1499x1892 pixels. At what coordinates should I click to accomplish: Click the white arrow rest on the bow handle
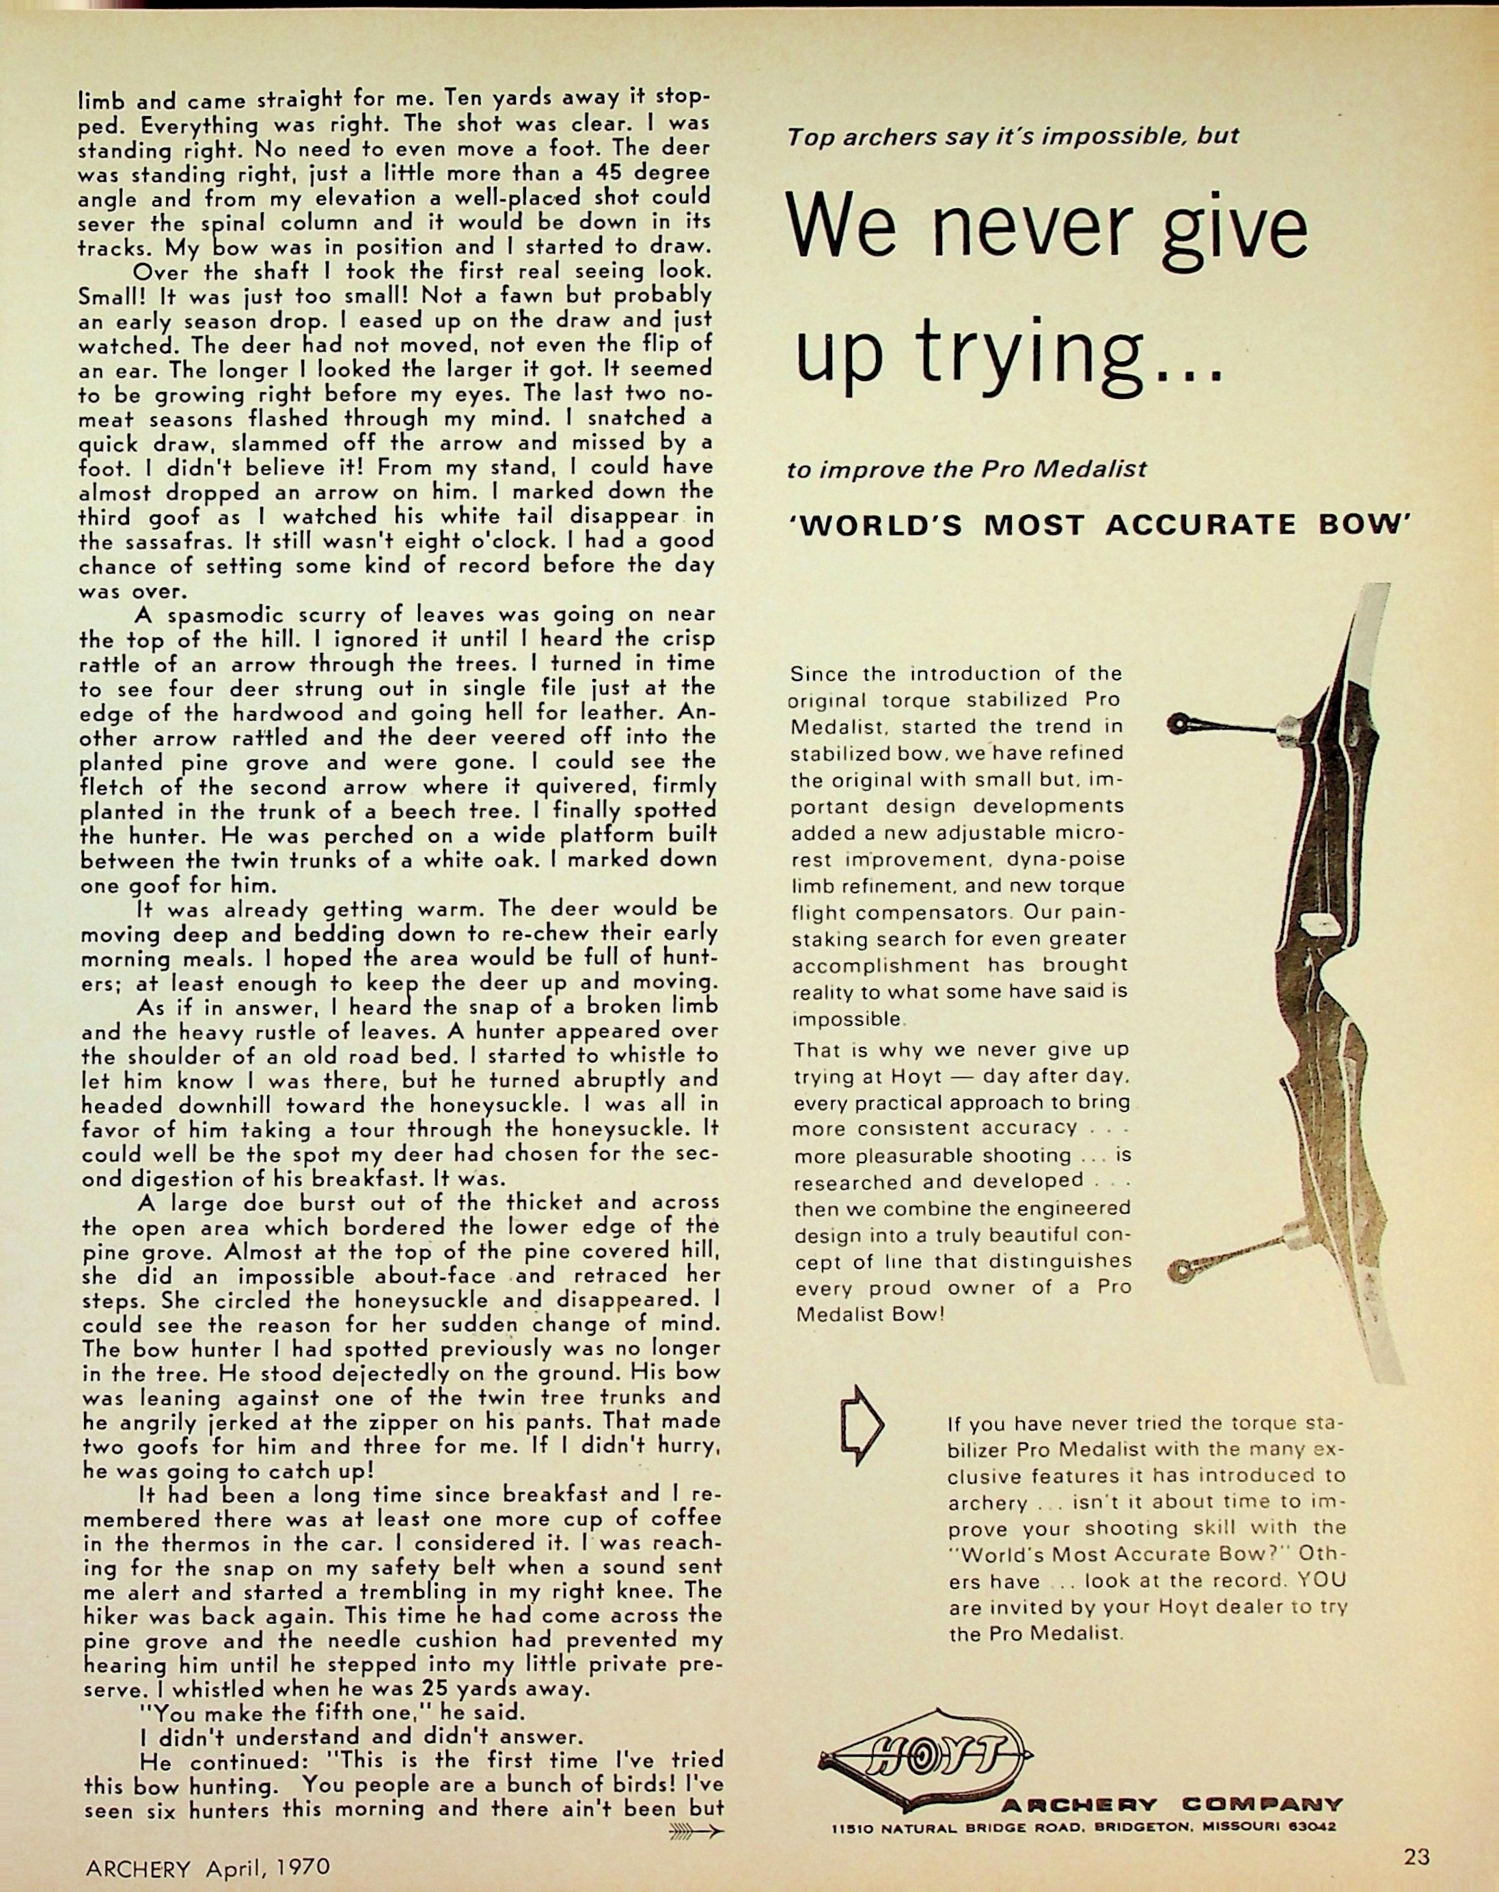(x=1319, y=923)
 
